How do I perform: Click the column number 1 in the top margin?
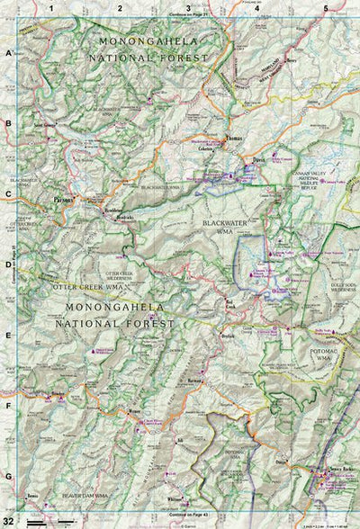(x=52, y=8)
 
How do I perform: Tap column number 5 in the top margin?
(x=325, y=8)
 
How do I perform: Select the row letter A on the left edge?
(x=8, y=54)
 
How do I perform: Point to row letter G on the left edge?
(x=8, y=477)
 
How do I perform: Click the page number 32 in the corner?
(x=9, y=521)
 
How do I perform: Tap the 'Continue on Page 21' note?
(x=188, y=15)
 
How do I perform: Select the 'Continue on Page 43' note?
(x=188, y=514)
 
